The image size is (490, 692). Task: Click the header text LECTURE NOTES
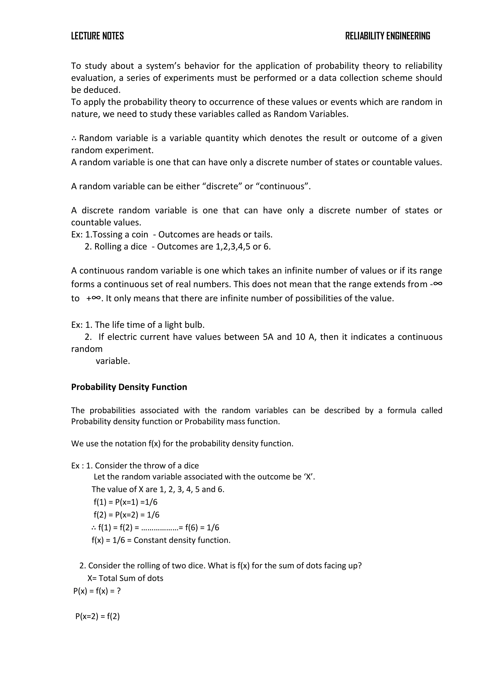[97, 36]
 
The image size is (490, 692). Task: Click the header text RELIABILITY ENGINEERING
[387, 36]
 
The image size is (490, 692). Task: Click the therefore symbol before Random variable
[74, 139]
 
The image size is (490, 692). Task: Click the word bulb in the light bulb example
[195, 325]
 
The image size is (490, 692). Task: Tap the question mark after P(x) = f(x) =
[119, 591]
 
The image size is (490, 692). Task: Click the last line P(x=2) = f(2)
[97, 616]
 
